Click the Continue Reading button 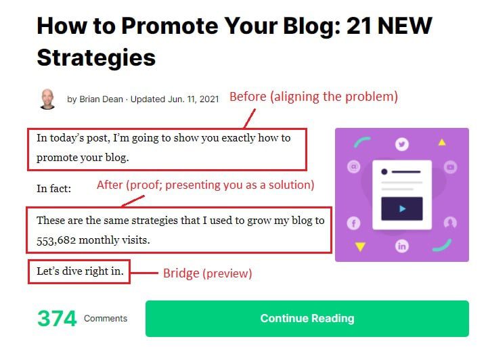point(307,319)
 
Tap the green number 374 point(57,319)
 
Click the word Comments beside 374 point(106,319)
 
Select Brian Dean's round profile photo point(48,99)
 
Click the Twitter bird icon point(403,143)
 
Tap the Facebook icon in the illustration point(353,223)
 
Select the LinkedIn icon point(402,246)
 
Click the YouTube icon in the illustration point(451,166)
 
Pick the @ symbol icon point(353,166)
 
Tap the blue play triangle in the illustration point(402,208)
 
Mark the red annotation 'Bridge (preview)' point(207,273)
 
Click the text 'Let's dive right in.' point(80,272)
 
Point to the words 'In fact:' point(53,187)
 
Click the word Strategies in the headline point(96,57)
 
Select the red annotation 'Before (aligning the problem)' point(313,97)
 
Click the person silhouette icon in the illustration point(451,223)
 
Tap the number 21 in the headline point(359,26)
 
